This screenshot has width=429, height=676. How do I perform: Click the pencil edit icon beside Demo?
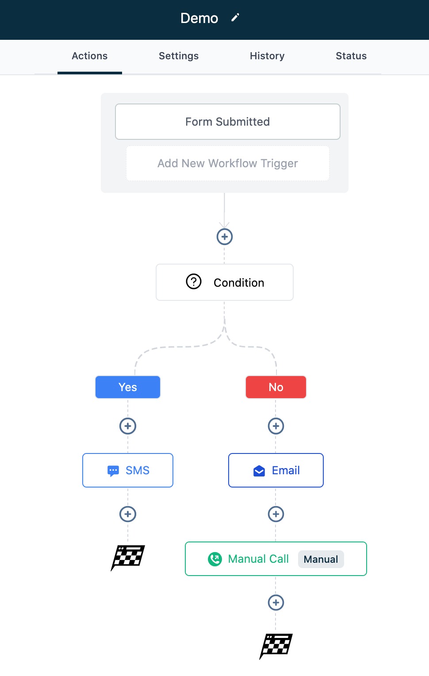pyautogui.click(x=235, y=18)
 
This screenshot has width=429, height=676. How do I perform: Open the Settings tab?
pyautogui.click(x=179, y=56)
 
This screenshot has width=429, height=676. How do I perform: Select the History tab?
pyautogui.click(x=267, y=56)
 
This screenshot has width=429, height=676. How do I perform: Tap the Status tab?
pyautogui.click(x=351, y=56)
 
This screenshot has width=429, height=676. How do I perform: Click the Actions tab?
pyautogui.click(x=90, y=56)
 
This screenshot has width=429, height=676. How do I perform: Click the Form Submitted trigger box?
pyautogui.click(x=228, y=122)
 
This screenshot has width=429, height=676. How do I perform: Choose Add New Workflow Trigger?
pyautogui.click(x=228, y=163)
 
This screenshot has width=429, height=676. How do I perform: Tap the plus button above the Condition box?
pyautogui.click(x=225, y=237)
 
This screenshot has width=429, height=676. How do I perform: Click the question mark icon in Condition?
pyautogui.click(x=194, y=281)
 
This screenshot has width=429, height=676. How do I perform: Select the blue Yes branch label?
pyautogui.click(x=128, y=387)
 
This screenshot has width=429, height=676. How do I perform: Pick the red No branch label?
pyautogui.click(x=276, y=387)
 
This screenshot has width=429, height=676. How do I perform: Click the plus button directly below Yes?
pyautogui.click(x=128, y=426)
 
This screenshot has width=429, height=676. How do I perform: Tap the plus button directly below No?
pyautogui.click(x=276, y=426)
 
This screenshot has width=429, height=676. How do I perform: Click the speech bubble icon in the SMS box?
pyautogui.click(x=113, y=471)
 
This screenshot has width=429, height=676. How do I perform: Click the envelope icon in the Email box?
pyautogui.click(x=259, y=471)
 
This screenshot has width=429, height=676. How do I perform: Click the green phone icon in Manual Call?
pyautogui.click(x=215, y=559)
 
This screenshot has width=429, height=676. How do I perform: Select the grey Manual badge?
pyautogui.click(x=321, y=559)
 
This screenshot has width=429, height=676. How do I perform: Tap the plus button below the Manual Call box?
pyautogui.click(x=276, y=603)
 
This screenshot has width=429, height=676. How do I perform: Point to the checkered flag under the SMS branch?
pyautogui.click(x=128, y=558)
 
